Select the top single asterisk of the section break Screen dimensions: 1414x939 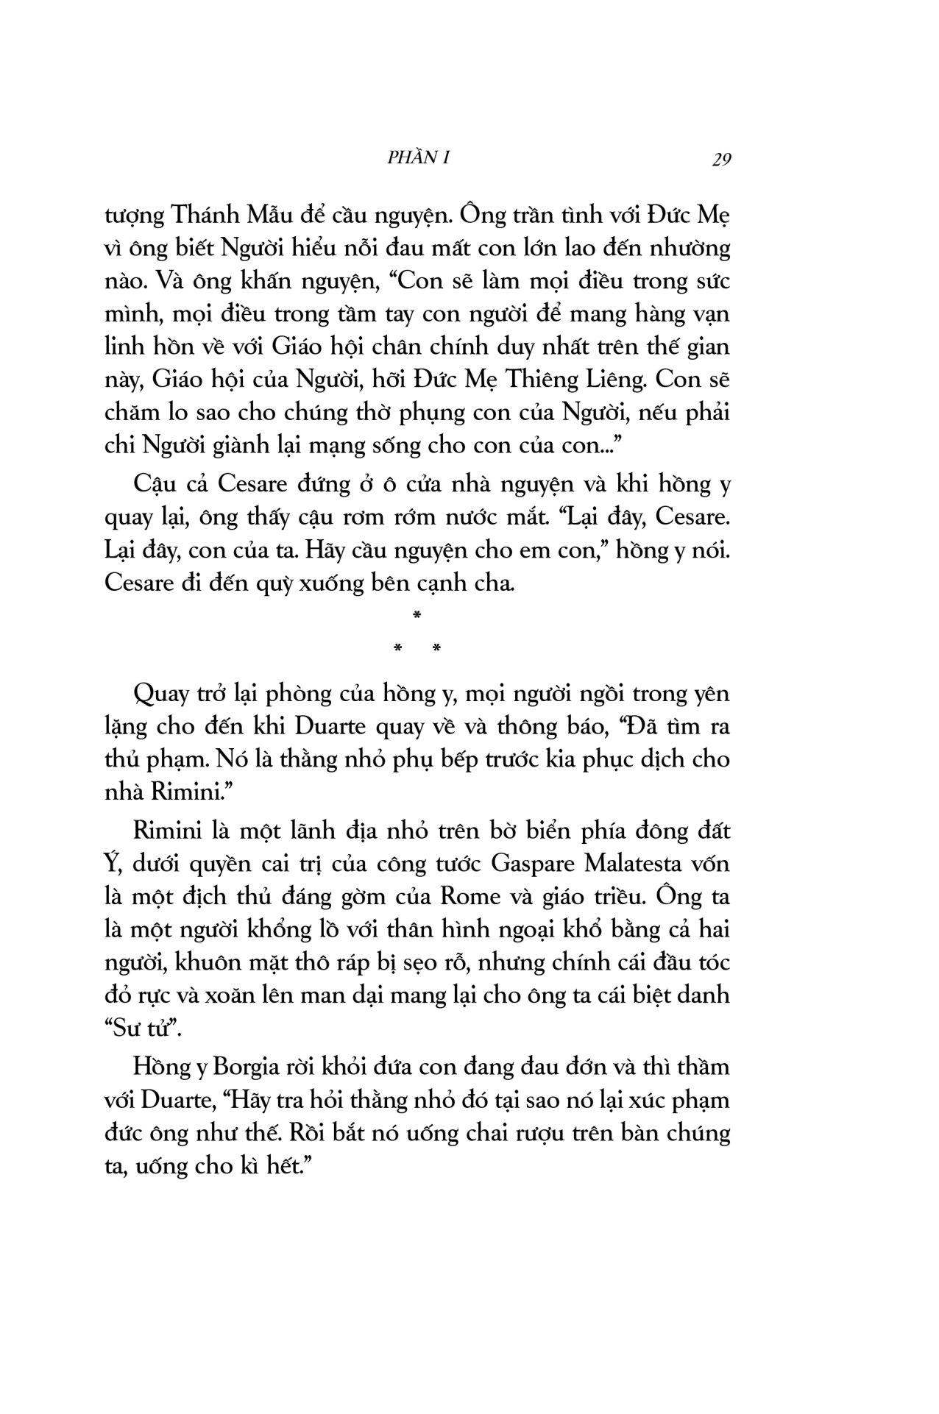click(417, 615)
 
